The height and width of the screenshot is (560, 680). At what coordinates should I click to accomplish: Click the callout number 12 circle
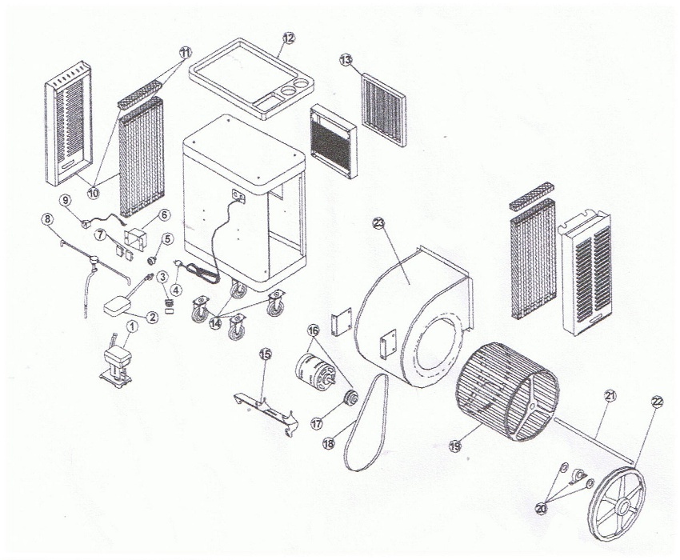pos(289,37)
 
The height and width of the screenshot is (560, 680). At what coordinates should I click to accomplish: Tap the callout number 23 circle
pos(378,223)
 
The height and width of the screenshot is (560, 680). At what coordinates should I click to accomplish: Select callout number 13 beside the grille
pos(346,60)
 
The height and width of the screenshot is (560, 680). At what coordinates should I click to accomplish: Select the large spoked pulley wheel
pos(616,501)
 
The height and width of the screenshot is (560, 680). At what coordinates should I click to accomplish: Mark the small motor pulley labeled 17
pos(350,398)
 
